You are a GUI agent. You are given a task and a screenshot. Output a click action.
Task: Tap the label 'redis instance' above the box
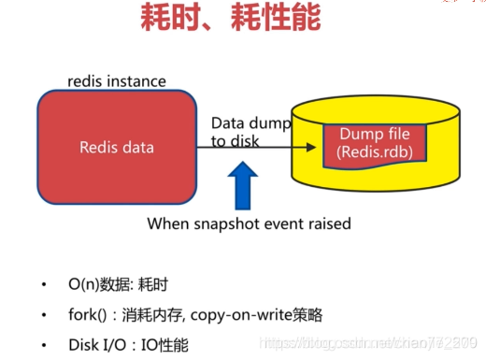click(x=116, y=81)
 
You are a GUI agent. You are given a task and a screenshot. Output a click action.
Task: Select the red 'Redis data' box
click(x=117, y=147)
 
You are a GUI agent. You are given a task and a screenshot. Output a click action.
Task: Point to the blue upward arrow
click(x=244, y=185)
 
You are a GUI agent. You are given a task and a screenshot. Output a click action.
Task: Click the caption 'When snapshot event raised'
click(x=249, y=223)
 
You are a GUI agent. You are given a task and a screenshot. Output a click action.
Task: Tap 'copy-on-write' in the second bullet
click(x=264, y=314)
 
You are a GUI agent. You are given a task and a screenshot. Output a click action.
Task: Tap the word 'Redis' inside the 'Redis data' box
click(x=96, y=147)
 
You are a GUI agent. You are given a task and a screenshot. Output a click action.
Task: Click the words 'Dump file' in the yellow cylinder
click(x=374, y=134)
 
